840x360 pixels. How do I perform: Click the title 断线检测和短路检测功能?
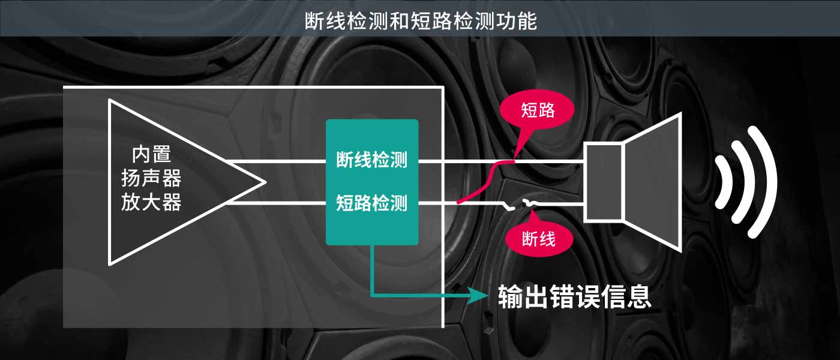420,20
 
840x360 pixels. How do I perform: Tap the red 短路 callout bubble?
537,110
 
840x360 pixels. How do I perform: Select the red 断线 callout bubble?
539,238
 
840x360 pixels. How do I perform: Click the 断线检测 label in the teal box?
372,160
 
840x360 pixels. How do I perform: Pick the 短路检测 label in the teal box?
372,203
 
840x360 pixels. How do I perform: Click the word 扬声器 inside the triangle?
151,179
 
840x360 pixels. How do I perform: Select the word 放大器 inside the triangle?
151,202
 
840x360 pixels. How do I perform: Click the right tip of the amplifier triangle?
264,182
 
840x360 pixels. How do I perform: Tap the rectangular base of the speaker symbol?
604,182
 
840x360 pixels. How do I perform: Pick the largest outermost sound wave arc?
771,182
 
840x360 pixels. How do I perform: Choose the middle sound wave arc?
747,182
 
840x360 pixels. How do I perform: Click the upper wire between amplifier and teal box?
276,161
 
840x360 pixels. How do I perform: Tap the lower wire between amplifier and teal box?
276,203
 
